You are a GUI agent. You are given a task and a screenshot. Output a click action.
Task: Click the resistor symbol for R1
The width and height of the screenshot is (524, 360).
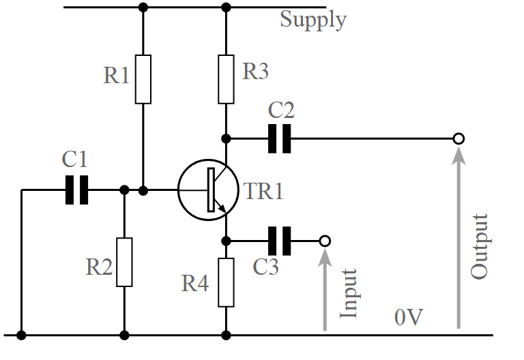[x=143, y=78]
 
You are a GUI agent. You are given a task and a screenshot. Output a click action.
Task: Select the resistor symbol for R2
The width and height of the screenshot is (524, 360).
[x=124, y=262]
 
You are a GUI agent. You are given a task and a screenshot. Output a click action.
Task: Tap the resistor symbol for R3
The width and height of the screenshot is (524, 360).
[x=227, y=78]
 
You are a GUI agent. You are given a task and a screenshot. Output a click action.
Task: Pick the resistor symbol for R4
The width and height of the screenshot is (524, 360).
[x=227, y=282]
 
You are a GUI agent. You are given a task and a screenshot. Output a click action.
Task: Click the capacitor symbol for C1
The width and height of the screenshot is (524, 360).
[x=76, y=190]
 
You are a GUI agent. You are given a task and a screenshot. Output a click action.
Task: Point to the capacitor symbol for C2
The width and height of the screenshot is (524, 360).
[x=279, y=138]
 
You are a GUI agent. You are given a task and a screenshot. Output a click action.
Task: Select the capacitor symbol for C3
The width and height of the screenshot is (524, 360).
[x=279, y=241]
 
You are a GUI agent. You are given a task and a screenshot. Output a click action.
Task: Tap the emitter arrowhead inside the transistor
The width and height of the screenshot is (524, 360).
[x=223, y=207]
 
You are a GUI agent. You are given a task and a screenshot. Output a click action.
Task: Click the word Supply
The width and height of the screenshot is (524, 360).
[x=312, y=20]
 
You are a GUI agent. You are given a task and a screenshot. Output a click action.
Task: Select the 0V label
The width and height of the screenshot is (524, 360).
[x=409, y=317]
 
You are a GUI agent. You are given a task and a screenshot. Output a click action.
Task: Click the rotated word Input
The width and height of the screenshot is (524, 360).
[x=349, y=293]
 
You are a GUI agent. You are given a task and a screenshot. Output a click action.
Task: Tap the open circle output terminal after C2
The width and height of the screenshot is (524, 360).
[x=458, y=138]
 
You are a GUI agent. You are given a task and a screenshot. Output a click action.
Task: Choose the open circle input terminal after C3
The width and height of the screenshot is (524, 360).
[x=325, y=241]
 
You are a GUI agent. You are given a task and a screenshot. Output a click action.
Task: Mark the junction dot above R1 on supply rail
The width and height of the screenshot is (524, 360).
[x=143, y=7]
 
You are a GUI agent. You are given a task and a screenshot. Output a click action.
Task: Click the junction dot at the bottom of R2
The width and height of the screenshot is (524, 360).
[x=124, y=335]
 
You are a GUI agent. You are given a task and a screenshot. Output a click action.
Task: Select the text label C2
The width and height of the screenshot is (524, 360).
[x=280, y=110]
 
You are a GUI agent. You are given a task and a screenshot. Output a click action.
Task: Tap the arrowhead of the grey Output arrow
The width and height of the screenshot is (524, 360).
[x=458, y=155]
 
